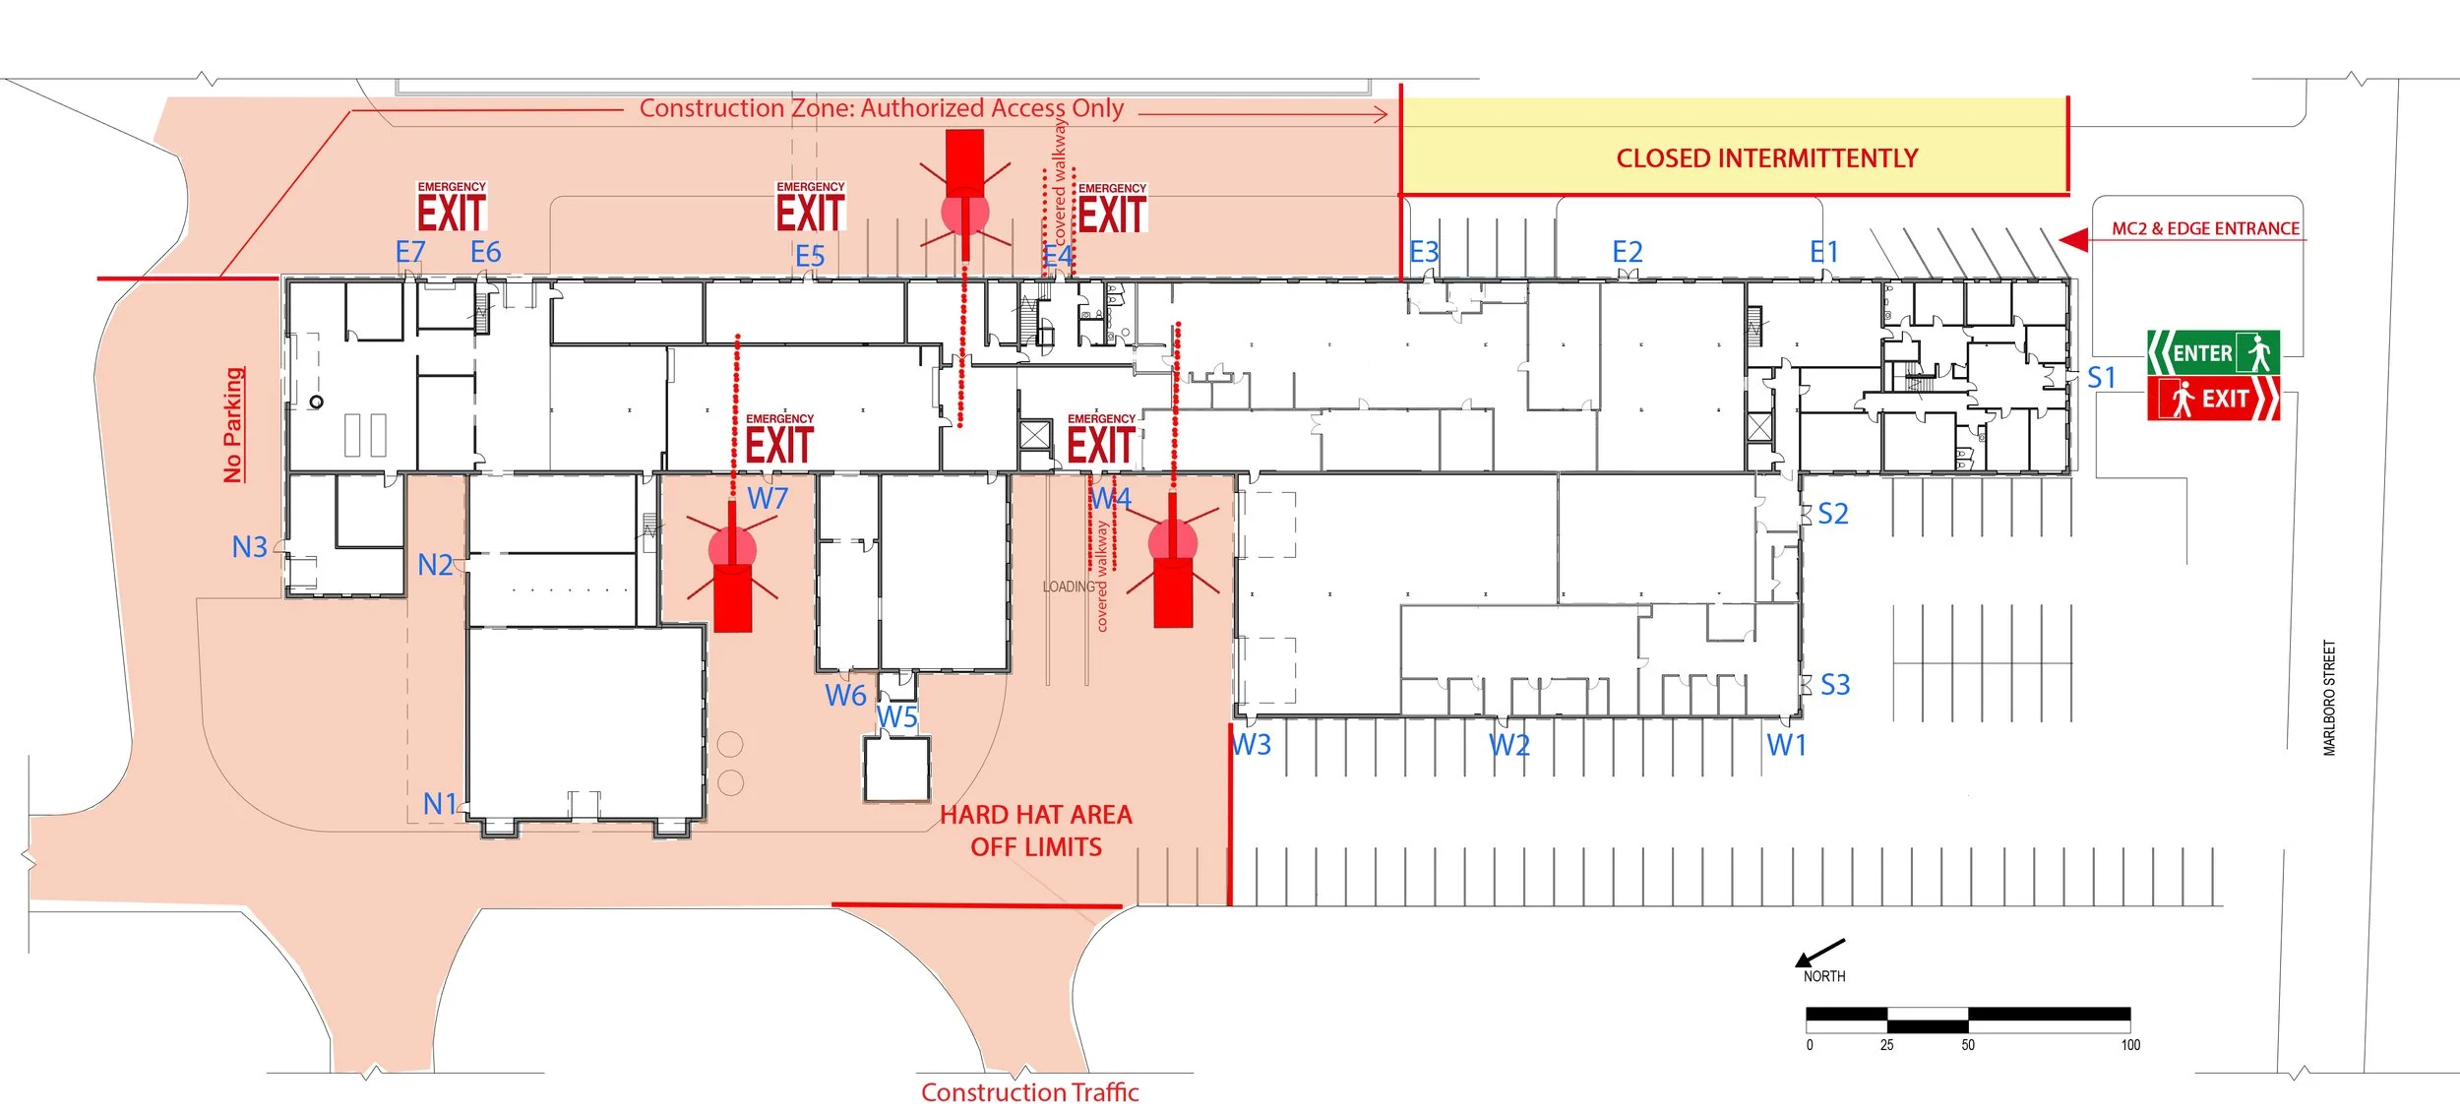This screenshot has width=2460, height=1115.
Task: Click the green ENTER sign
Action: point(2212,352)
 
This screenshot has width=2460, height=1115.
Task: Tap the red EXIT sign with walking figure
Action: point(2213,399)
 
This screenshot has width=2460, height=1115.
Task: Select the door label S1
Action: point(2101,378)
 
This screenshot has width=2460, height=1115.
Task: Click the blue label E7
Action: point(410,252)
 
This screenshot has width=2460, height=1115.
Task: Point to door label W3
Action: point(1252,745)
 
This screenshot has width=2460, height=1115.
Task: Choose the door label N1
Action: point(440,804)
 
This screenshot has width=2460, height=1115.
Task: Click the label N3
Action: point(249,547)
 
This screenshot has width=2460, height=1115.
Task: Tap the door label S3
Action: point(1835,685)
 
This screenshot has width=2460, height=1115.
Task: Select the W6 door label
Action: point(845,696)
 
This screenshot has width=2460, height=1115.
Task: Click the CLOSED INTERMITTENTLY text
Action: point(1766,158)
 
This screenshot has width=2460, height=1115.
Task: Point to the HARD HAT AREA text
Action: point(1036,815)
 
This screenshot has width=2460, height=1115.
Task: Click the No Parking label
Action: point(233,425)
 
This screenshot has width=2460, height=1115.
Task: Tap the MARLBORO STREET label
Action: point(2329,698)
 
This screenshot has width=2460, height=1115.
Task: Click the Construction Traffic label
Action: point(1029,1092)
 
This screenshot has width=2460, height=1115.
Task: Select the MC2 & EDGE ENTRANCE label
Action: point(2205,229)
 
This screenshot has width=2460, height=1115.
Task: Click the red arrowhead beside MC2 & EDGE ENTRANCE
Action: point(2073,240)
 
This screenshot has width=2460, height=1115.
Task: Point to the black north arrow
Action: point(1819,952)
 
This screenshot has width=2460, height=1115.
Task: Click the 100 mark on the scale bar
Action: point(2130,1045)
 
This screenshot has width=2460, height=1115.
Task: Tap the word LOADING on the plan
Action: point(1069,587)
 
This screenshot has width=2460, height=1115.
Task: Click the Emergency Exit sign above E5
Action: point(810,208)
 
